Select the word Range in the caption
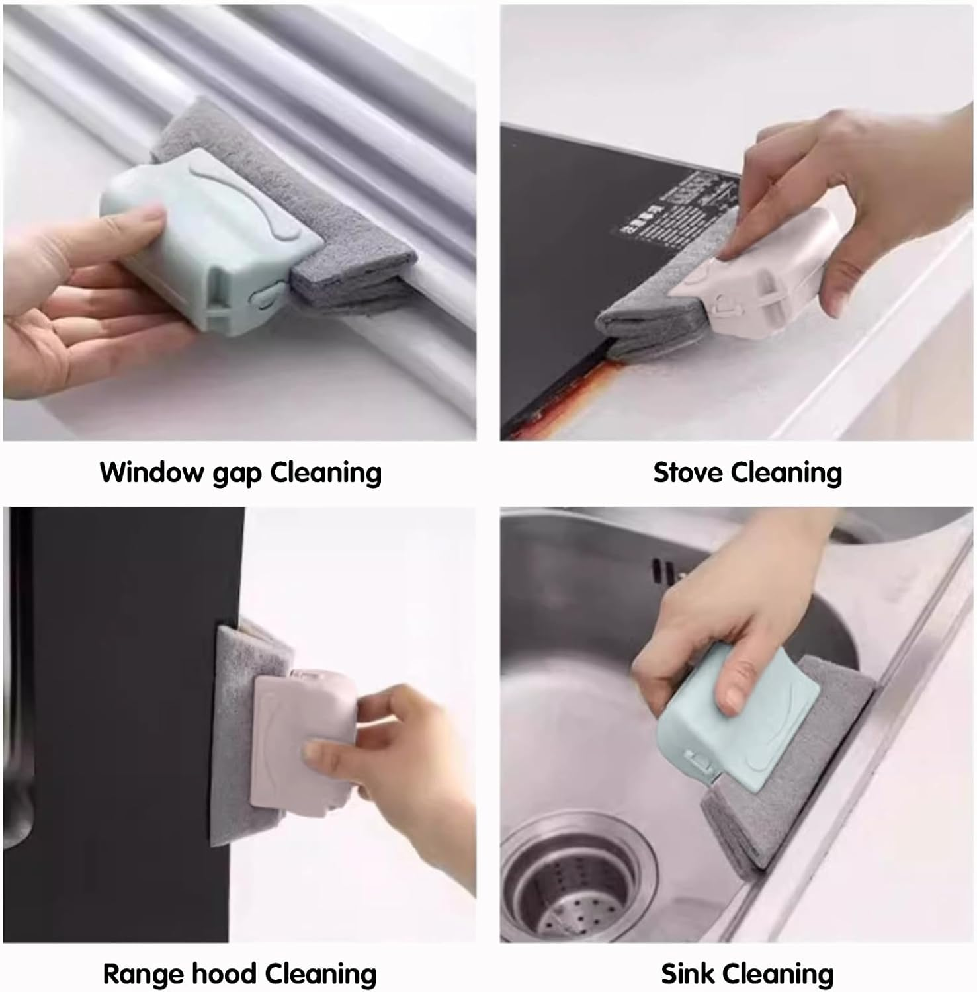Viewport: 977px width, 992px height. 142,974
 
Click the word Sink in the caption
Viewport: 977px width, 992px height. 689,974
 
